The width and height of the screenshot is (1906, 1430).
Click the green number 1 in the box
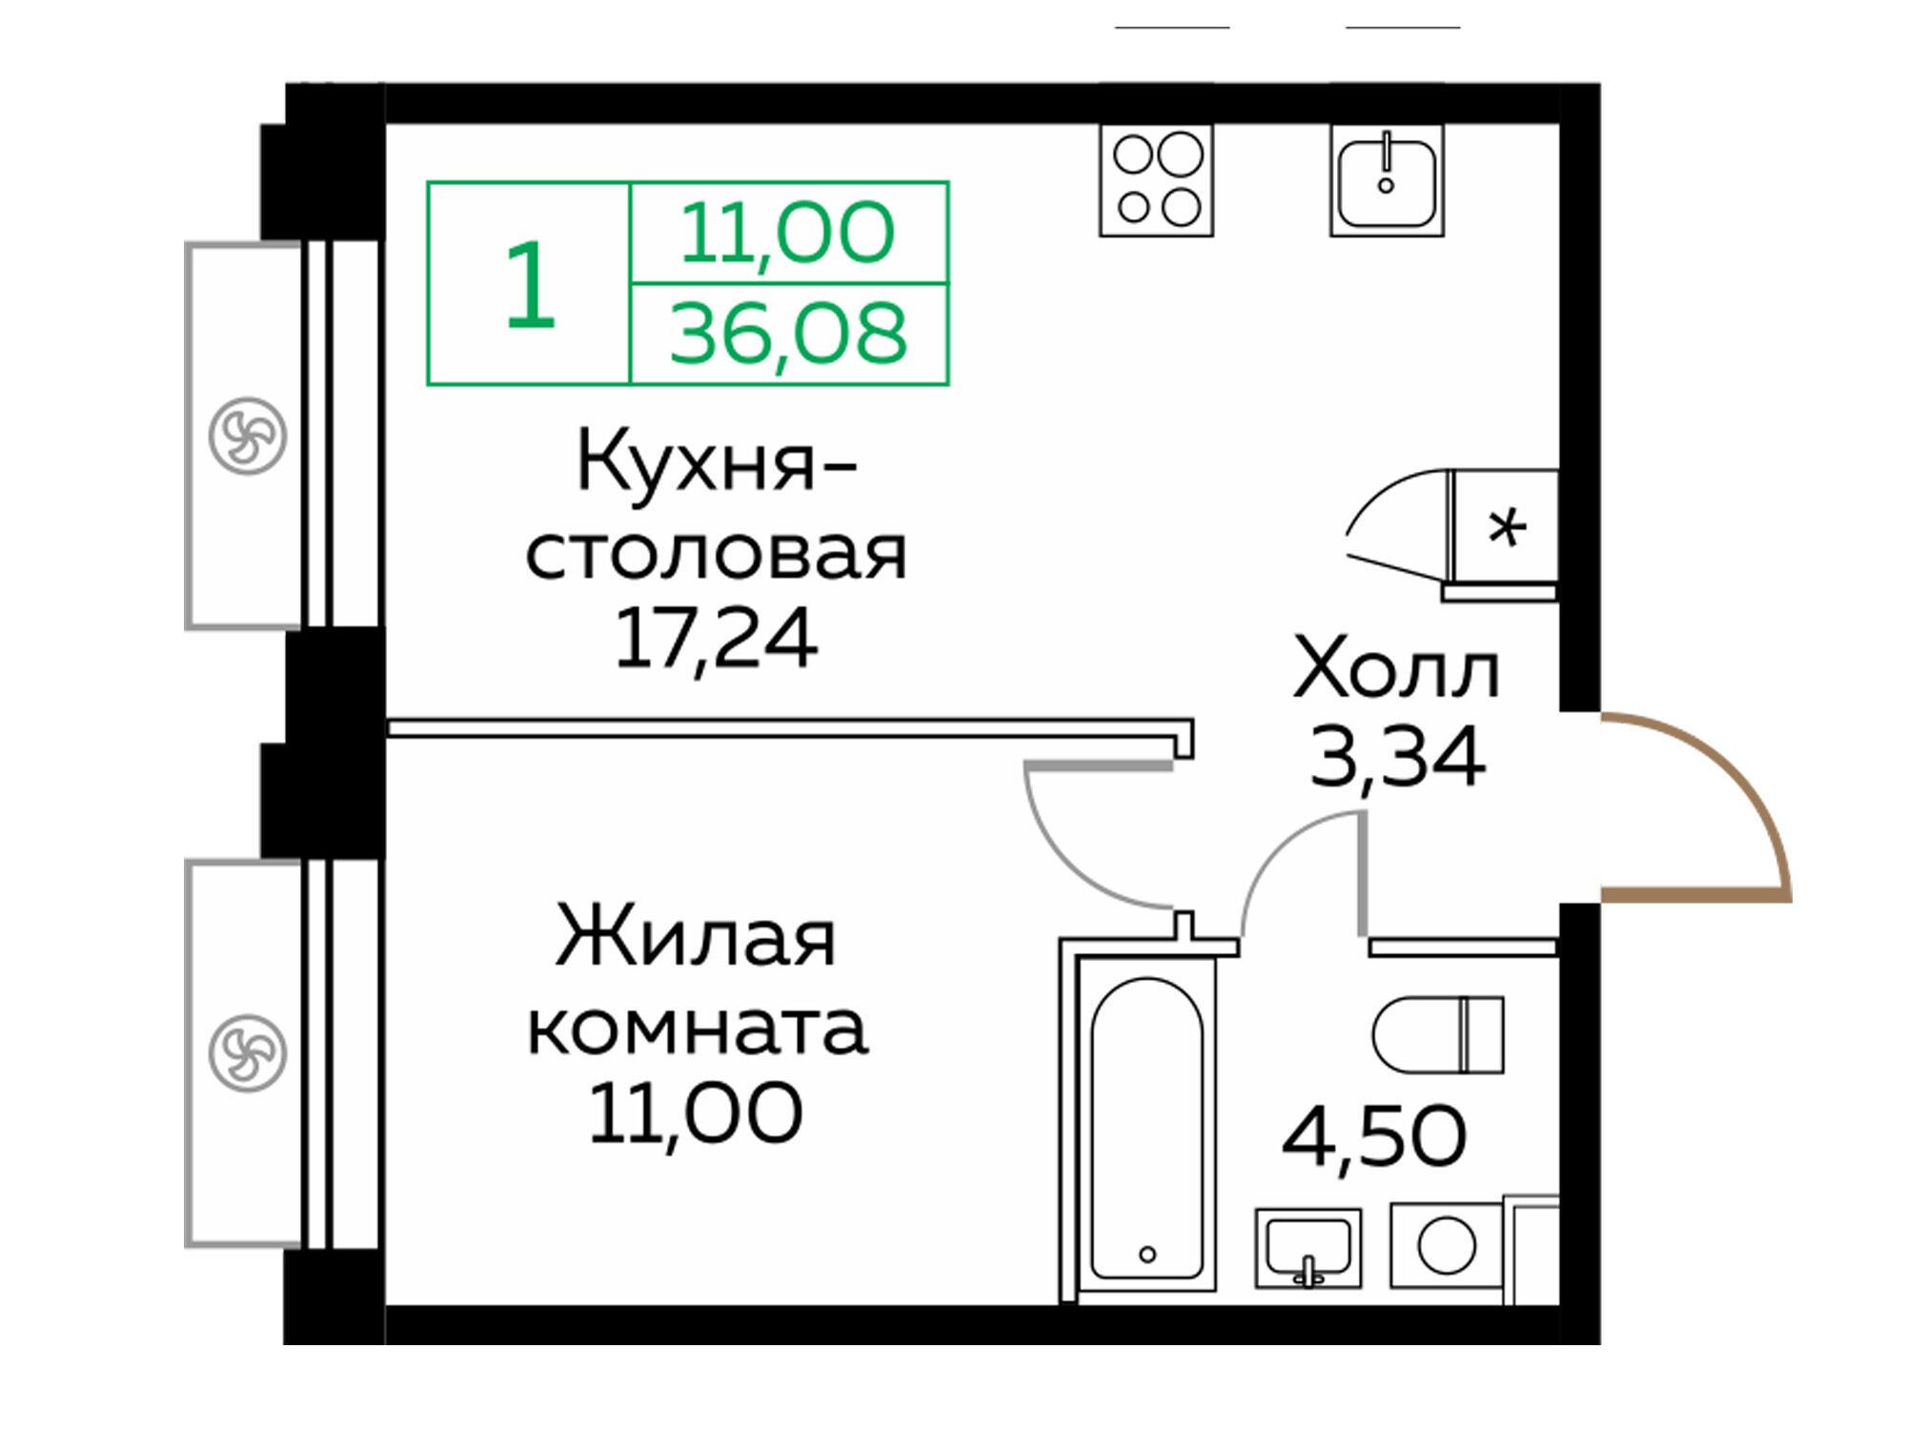click(530, 284)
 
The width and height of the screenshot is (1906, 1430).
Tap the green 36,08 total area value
click(788, 334)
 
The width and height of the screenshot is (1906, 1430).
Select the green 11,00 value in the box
click(787, 233)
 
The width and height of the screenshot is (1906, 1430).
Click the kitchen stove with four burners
click(1156, 180)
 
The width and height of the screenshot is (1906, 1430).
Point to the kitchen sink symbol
click(1387, 180)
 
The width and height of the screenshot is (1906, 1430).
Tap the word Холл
click(1396, 671)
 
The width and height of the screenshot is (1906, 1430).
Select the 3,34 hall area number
click(1397, 756)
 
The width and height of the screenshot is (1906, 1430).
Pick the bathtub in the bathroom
click(1146, 1128)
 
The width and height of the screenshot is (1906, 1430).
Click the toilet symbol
click(1437, 1035)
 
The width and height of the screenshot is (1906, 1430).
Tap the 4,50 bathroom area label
click(1373, 1136)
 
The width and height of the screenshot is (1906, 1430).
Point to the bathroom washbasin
click(1308, 1247)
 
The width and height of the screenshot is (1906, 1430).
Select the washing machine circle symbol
click(1446, 1245)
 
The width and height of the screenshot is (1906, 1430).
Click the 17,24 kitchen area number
click(716, 639)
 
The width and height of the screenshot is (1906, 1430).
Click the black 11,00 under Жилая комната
click(695, 1113)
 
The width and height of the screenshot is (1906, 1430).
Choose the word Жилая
click(696, 938)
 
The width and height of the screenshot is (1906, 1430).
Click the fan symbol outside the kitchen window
click(248, 436)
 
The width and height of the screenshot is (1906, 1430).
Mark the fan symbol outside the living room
click(248, 1052)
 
